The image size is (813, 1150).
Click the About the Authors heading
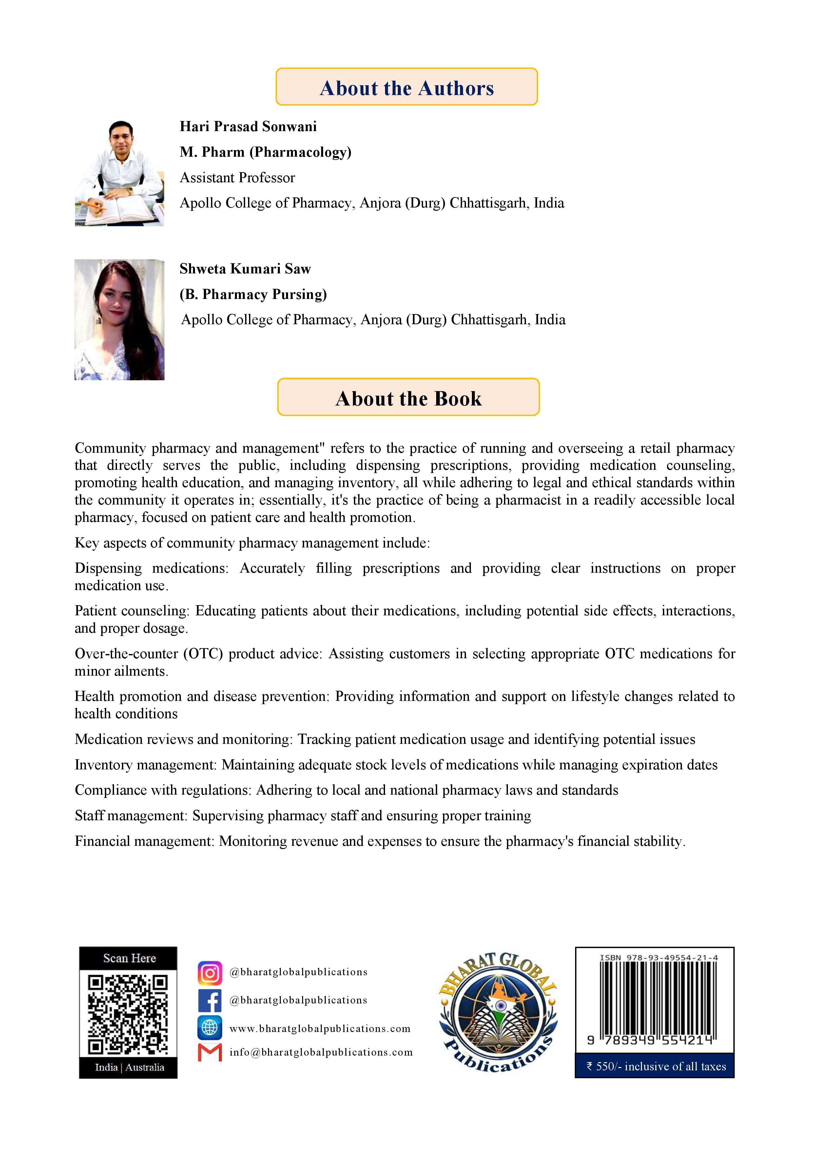pos(406,88)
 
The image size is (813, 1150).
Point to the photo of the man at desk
pos(119,173)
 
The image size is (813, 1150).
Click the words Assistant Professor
pos(237,178)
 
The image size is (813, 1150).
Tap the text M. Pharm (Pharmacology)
pos(265,152)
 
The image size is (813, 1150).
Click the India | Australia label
pos(129,1067)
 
